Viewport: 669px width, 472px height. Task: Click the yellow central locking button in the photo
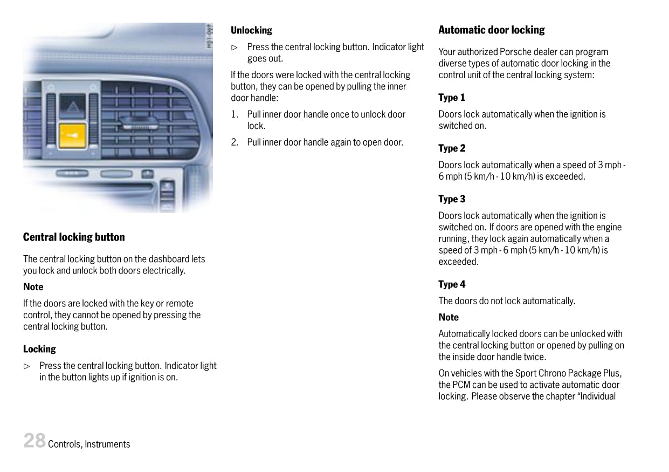point(72,135)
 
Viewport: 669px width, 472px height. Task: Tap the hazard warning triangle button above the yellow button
point(72,106)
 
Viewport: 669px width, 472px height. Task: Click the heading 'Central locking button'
point(74,237)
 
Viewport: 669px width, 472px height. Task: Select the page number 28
point(34,441)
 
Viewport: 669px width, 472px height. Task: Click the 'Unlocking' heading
point(251,30)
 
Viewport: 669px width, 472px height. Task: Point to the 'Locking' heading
point(39,349)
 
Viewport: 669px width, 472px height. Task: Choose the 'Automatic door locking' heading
point(491,30)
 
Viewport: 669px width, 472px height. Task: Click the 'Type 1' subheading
point(451,98)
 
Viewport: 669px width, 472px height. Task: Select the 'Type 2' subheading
point(451,148)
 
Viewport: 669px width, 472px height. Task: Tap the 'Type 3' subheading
point(451,199)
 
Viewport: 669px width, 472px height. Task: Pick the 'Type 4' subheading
point(451,284)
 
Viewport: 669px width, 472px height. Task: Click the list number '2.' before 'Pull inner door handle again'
point(235,142)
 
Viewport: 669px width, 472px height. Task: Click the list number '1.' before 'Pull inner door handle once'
point(235,114)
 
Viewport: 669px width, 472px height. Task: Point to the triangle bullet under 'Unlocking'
point(234,47)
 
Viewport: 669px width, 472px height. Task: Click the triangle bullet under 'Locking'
point(26,366)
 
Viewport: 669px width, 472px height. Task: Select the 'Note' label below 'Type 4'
point(449,318)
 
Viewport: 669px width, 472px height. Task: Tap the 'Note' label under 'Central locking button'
point(33,287)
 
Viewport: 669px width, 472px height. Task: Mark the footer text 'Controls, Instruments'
point(89,444)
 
